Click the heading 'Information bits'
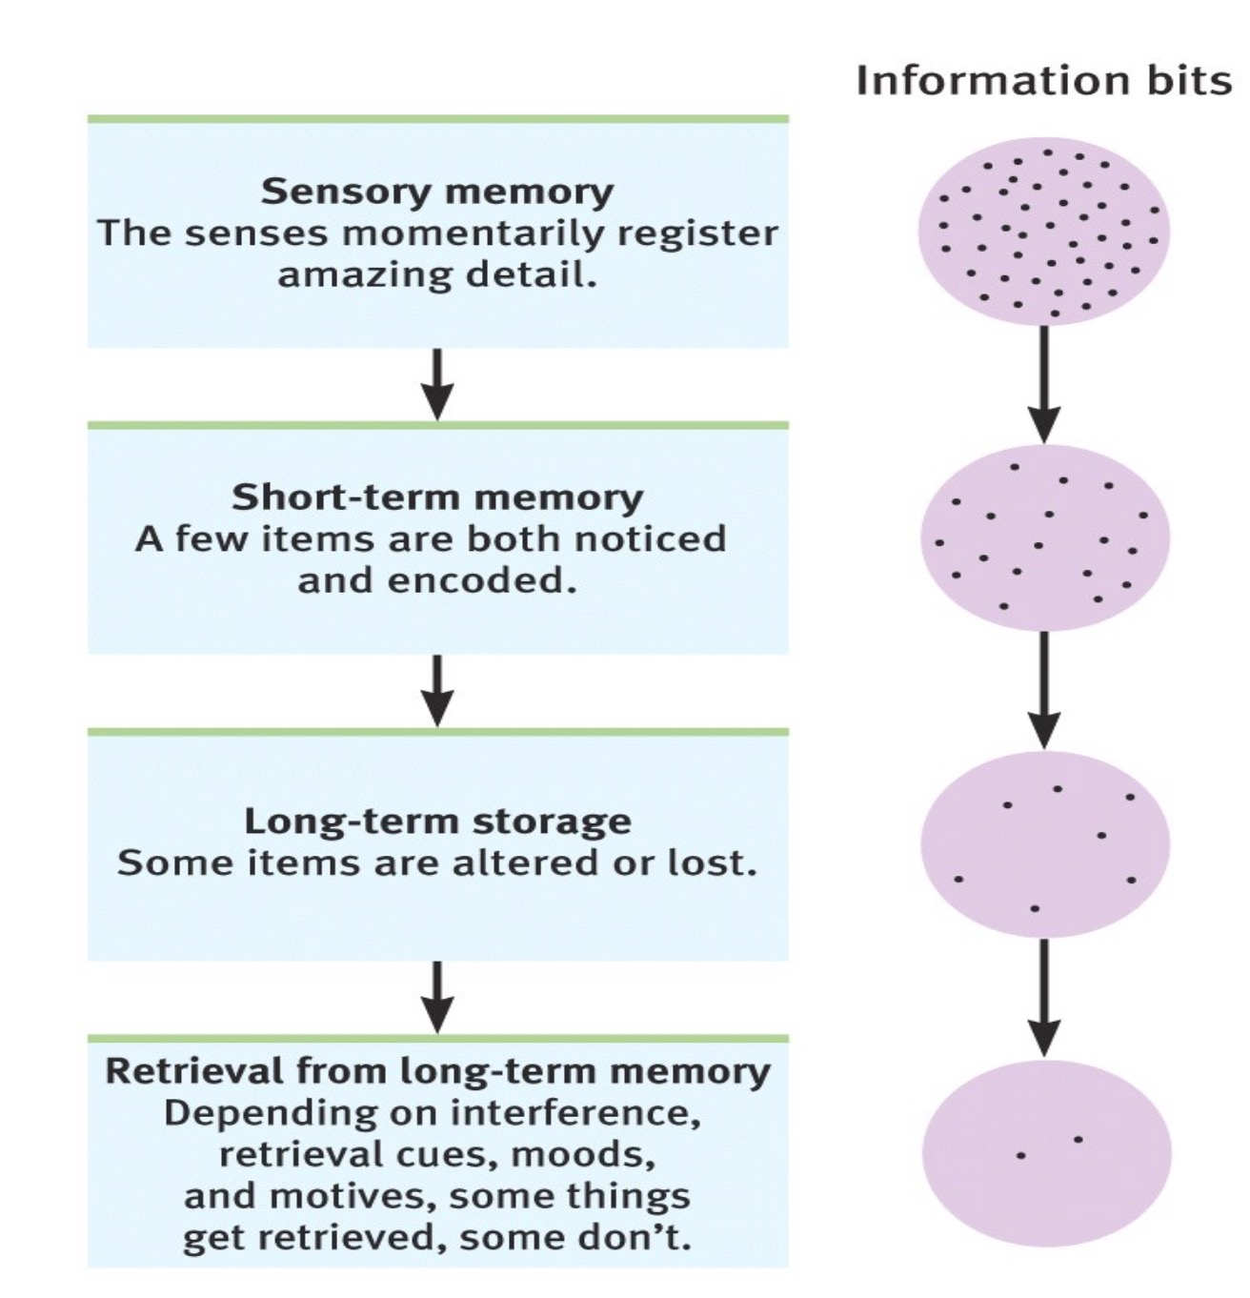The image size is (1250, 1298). (x=1043, y=80)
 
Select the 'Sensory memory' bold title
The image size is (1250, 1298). (x=437, y=192)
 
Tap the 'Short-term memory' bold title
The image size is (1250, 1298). (x=437, y=497)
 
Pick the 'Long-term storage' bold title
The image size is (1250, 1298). (x=437, y=821)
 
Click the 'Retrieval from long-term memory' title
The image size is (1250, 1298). (x=437, y=1071)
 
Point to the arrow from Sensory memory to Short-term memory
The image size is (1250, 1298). (x=437, y=384)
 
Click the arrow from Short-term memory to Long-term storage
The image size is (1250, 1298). (x=437, y=690)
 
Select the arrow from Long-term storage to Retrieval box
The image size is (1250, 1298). (x=437, y=997)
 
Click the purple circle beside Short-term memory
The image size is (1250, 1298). (x=1044, y=538)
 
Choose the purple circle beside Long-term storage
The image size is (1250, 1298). (x=1044, y=844)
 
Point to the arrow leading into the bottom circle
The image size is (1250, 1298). (x=1044, y=997)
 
